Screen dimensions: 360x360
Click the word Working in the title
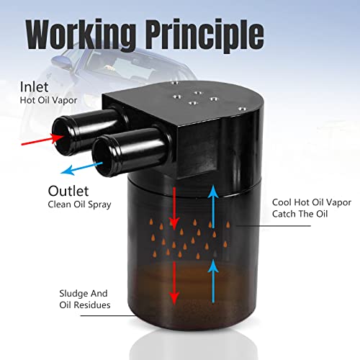click(x=81, y=35)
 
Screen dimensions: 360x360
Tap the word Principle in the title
click(x=204, y=35)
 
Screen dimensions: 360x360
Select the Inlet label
click(x=34, y=87)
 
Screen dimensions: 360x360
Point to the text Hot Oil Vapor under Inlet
click(x=48, y=100)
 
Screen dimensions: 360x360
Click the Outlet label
click(x=68, y=191)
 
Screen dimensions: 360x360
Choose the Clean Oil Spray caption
click(x=79, y=204)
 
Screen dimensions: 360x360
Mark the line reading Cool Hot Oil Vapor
click(x=312, y=202)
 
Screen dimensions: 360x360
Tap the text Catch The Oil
click(x=300, y=214)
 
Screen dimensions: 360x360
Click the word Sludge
click(x=73, y=294)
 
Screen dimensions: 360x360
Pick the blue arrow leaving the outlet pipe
click(x=81, y=168)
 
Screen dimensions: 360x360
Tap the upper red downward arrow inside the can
click(x=174, y=209)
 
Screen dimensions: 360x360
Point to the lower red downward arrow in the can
click(x=174, y=283)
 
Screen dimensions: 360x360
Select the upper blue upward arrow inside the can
click(x=213, y=207)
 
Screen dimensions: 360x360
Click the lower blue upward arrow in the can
click(x=213, y=282)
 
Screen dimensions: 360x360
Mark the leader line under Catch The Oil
click(x=273, y=226)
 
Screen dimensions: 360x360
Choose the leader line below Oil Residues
click(x=108, y=315)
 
